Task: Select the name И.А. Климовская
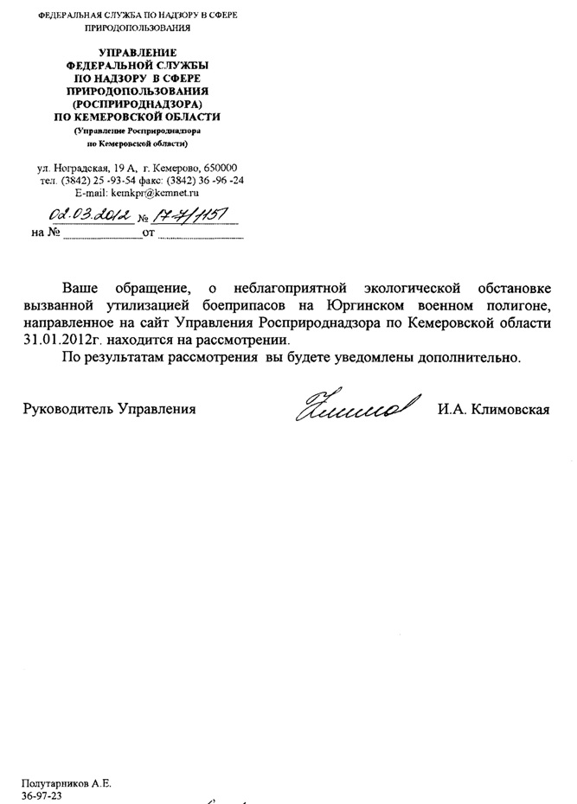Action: coord(493,409)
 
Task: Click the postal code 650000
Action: coord(220,167)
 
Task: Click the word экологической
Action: coord(410,287)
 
